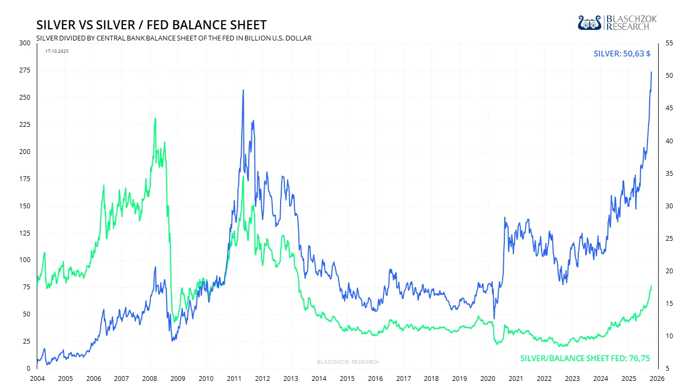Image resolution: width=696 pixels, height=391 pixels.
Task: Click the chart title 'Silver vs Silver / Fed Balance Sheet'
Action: [x=151, y=25]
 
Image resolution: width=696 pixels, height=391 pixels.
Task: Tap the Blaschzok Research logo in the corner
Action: [x=617, y=22]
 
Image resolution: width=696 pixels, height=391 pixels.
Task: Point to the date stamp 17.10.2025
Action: [x=57, y=51]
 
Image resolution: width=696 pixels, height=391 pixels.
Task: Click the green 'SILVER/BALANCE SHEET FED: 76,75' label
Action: [x=585, y=359]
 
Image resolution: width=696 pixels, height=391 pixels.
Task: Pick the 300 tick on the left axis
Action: [x=25, y=43]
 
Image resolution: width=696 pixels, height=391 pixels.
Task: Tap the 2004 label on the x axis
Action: [x=37, y=378]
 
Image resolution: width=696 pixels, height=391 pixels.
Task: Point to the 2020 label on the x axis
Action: [x=487, y=378]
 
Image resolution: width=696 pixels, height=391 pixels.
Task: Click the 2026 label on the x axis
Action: [x=657, y=378]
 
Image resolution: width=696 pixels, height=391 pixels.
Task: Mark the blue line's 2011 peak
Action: [x=243, y=90]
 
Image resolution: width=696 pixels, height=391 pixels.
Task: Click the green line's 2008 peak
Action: [x=155, y=118]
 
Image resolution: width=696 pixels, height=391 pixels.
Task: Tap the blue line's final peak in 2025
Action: [x=651, y=72]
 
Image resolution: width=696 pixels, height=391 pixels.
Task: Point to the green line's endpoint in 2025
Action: [x=651, y=286]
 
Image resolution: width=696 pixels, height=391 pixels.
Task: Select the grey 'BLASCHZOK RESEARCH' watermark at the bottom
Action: [x=348, y=362]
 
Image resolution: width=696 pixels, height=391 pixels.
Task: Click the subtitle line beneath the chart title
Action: [x=174, y=38]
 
